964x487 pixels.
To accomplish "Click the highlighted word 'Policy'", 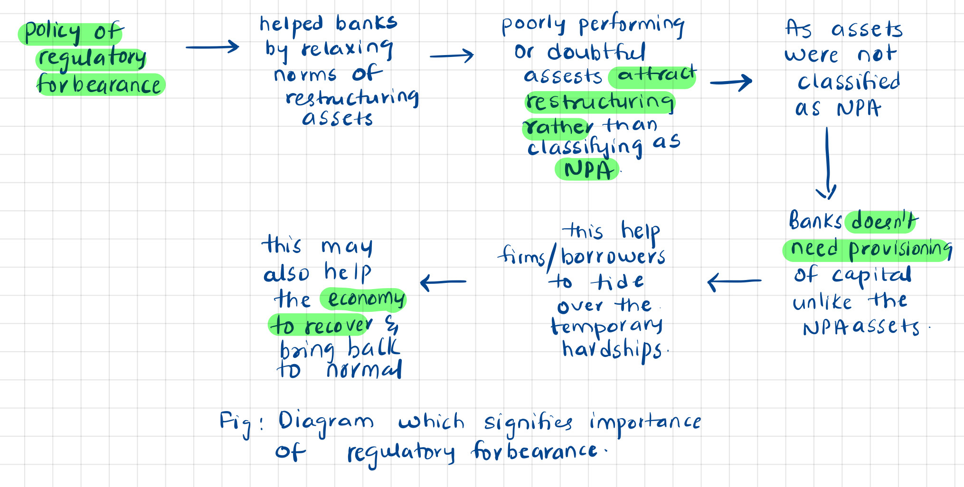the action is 52,32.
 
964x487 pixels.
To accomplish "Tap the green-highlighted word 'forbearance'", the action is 99,84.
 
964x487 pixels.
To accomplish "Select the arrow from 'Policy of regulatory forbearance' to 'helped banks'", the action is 212,47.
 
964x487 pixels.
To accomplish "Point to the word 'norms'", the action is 305,75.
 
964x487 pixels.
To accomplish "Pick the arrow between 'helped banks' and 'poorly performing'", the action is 452,56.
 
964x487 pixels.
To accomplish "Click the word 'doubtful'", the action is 596,52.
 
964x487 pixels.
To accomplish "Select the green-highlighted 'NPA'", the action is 588,170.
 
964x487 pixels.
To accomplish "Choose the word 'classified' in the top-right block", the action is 849,82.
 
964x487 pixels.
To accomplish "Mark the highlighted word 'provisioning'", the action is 900,249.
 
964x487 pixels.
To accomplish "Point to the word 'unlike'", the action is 822,302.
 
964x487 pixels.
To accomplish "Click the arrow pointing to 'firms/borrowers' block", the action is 734,281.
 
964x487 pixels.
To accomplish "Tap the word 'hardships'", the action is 612,351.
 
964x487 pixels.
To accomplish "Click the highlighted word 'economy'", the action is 366,299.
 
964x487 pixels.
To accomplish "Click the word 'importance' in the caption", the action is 645,422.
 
